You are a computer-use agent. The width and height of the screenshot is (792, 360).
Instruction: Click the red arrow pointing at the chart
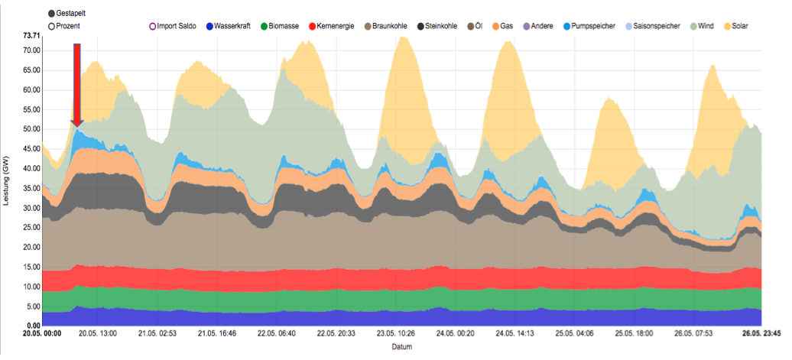[x=76, y=85]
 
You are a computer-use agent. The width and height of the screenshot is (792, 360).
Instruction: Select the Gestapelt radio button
[x=52, y=14]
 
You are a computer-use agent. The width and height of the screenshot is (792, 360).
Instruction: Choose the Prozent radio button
[x=52, y=26]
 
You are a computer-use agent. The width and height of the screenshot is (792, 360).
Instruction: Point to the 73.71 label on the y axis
[x=31, y=35]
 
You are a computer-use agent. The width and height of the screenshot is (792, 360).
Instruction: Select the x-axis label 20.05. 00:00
[x=41, y=333]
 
